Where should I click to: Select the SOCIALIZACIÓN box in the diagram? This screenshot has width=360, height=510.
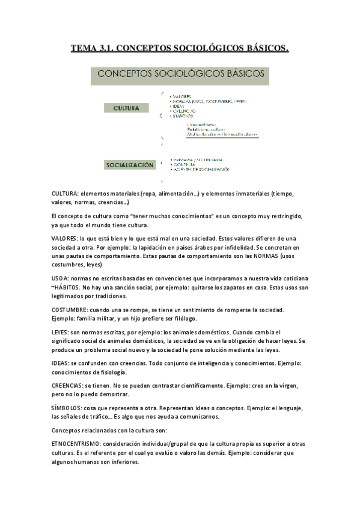(130, 164)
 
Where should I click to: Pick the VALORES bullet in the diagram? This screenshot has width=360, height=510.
(182, 96)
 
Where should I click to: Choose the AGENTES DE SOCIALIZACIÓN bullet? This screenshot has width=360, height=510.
(201, 170)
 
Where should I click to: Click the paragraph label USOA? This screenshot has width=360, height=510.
(61, 278)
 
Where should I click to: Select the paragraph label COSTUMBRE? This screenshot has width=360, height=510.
(72, 310)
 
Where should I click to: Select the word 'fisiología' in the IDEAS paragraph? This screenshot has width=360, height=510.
(109, 372)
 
